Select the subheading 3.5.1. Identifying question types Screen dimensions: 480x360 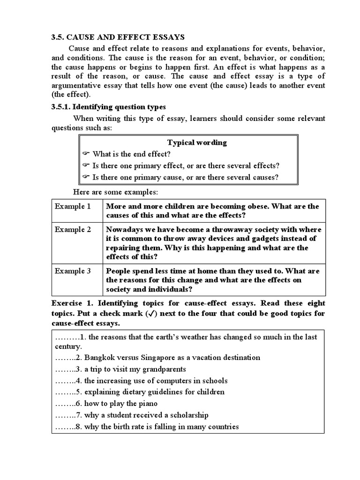[108, 107]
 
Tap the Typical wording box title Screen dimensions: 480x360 [197, 142]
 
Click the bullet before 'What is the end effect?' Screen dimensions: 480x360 [86, 154]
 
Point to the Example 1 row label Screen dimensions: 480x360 [73, 206]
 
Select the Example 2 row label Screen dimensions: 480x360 [73, 230]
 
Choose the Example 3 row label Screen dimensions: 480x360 [73, 271]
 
